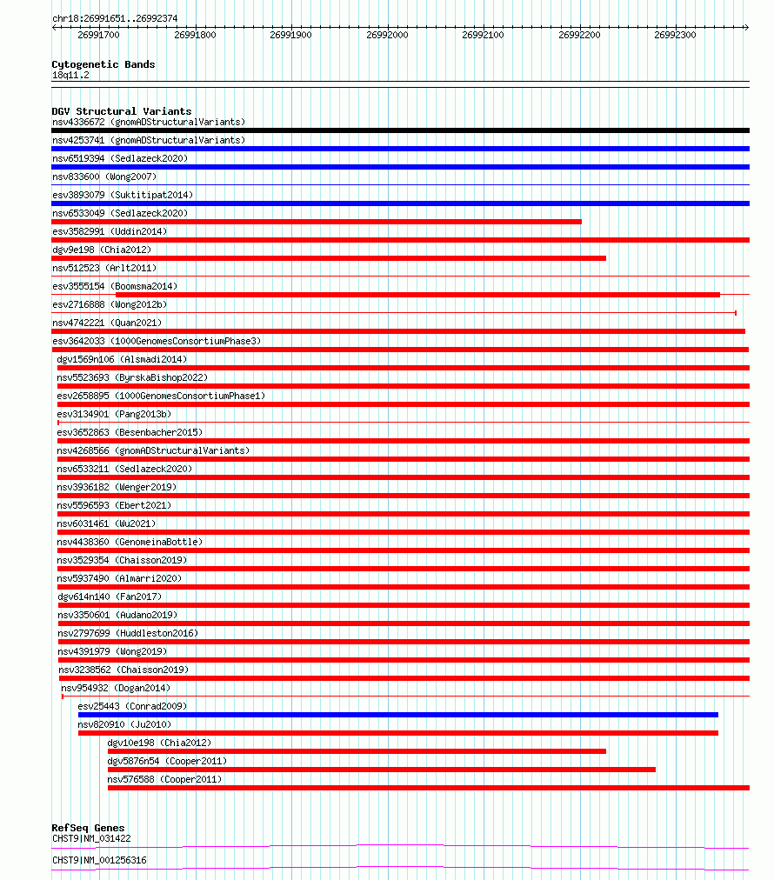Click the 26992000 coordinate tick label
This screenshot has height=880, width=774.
click(387, 36)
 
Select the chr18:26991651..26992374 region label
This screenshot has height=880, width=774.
click(115, 18)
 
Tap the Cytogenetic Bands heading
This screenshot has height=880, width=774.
click(103, 64)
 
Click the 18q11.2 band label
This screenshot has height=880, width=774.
click(70, 75)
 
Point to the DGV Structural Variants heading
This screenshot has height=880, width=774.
click(122, 111)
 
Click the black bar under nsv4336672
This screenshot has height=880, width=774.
click(400, 130)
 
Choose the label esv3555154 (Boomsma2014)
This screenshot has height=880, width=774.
click(115, 286)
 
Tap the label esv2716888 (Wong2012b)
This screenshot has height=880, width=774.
click(110, 304)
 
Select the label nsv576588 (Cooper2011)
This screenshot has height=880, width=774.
click(164, 779)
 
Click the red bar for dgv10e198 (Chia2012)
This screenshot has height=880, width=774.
click(357, 751)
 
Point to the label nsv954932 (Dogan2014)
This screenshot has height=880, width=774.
click(116, 688)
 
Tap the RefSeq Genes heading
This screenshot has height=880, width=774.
click(88, 828)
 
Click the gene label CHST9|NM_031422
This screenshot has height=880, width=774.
click(91, 838)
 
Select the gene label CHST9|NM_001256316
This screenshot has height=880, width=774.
click(99, 860)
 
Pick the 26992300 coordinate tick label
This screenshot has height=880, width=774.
click(675, 36)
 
